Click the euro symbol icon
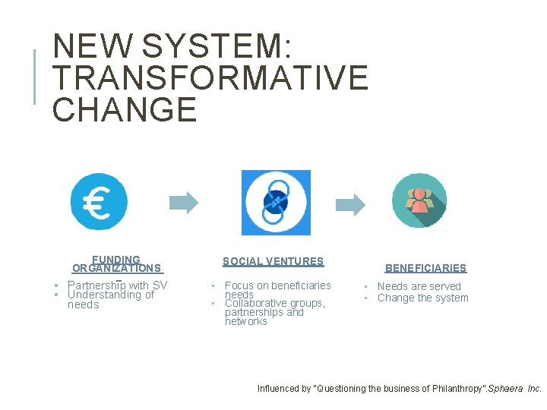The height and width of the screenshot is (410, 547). [x=99, y=202]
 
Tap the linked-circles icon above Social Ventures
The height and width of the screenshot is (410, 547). [x=276, y=202]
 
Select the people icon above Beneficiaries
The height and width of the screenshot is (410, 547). [x=419, y=201]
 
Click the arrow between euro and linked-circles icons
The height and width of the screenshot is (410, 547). [x=183, y=202]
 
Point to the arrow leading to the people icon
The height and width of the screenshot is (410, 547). [x=350, y=203]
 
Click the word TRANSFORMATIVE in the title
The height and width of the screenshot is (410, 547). [x=210, y=78]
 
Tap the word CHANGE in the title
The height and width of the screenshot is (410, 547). [x=125, y=109]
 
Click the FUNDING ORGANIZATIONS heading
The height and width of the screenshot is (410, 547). [x=116, y=263]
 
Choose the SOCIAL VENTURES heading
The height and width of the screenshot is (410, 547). [x=273, y=261]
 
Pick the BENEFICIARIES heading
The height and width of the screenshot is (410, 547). [x=425, y=268]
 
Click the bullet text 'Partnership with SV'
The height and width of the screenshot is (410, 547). [x=117, y=285]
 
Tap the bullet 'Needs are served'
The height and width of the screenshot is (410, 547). [x=419, y=286]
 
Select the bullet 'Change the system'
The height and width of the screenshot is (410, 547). [x=422, y=298]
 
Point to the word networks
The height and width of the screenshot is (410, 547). [x=245, y=321]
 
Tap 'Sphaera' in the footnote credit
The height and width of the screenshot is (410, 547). [x=504, y=389]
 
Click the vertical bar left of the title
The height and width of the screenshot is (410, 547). [x=34, y=76]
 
